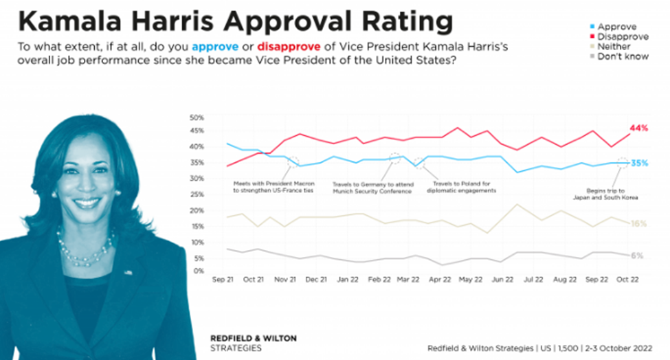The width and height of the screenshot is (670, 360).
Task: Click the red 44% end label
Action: [x=639, y=128]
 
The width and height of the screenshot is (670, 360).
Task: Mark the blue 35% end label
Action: [x=639, y=164]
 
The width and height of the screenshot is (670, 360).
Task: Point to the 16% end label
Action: [x=639, y=223]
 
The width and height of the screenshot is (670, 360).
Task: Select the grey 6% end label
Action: [x=637, y=255]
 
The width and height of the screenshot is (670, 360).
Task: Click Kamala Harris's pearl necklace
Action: [x=86, y=251]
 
